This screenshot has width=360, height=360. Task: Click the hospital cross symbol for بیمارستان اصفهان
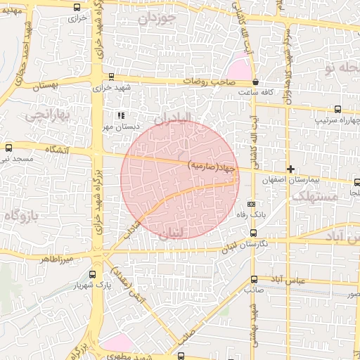point(290,169)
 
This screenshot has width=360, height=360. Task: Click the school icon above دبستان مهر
point(120,115)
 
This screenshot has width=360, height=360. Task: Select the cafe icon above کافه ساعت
point(255,82)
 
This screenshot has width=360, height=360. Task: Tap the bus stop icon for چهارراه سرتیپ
point(338,109)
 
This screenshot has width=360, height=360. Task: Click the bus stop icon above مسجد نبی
point(8,148)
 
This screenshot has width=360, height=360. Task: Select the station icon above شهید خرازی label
point(111,76)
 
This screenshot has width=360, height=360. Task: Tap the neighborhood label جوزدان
point(155,20)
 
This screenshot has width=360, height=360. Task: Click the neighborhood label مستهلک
point(315,198)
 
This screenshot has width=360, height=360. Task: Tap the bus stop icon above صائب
point(254,279)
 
